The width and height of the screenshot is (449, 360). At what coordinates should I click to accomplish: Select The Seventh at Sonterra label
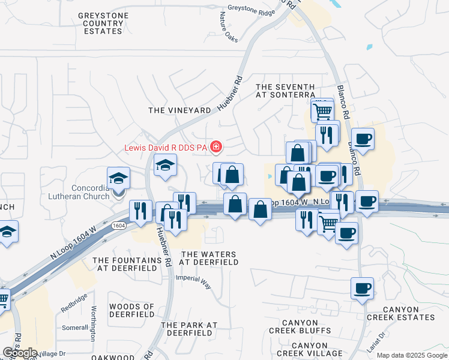285,91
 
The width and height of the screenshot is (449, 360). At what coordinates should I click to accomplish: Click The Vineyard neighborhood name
179,110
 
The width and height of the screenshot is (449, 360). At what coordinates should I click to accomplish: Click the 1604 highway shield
118,226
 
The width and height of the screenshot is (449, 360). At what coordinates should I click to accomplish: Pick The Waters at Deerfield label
209,258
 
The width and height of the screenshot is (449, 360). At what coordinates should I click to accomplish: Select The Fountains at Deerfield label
127,264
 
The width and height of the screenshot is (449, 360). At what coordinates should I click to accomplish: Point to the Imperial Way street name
193,281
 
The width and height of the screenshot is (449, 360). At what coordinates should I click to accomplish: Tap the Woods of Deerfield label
132,310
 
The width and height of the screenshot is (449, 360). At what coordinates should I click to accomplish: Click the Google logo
20,353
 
